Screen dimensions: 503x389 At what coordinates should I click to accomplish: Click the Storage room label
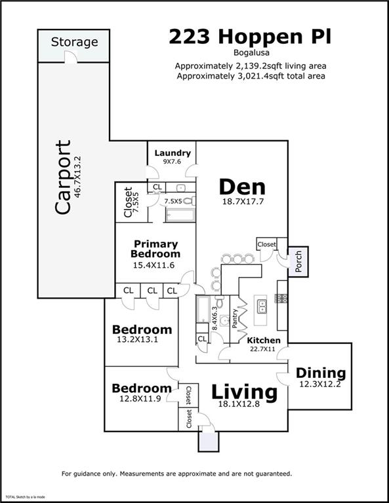tap(75, 42)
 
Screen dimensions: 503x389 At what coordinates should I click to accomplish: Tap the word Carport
tap(63, 177)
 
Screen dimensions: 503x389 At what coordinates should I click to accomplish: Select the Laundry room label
tap(173, 153)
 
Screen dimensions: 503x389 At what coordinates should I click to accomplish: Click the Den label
tap(241, 187)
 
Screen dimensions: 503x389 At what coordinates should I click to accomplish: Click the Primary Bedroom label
tap(155, 249)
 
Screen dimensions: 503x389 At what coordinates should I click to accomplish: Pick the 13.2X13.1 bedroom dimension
tap(142, 340)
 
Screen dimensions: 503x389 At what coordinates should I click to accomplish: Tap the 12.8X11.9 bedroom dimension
tap(142, 399)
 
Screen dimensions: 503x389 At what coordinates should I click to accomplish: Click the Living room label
tap(244, 392)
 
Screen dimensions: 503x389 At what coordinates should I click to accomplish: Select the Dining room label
tap(321, 373)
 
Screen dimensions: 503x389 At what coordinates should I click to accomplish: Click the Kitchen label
tap(263, 341)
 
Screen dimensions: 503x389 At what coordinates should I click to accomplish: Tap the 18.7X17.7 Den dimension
tap(241, 202)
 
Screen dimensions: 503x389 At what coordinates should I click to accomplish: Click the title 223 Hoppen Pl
tap(250, 37)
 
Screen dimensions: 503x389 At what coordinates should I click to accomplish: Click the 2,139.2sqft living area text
tap(250, 65)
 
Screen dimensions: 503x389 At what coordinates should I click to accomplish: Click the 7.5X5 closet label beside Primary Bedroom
tap(128, 203)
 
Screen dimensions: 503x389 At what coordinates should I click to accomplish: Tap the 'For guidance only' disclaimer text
tap(177, 473)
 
